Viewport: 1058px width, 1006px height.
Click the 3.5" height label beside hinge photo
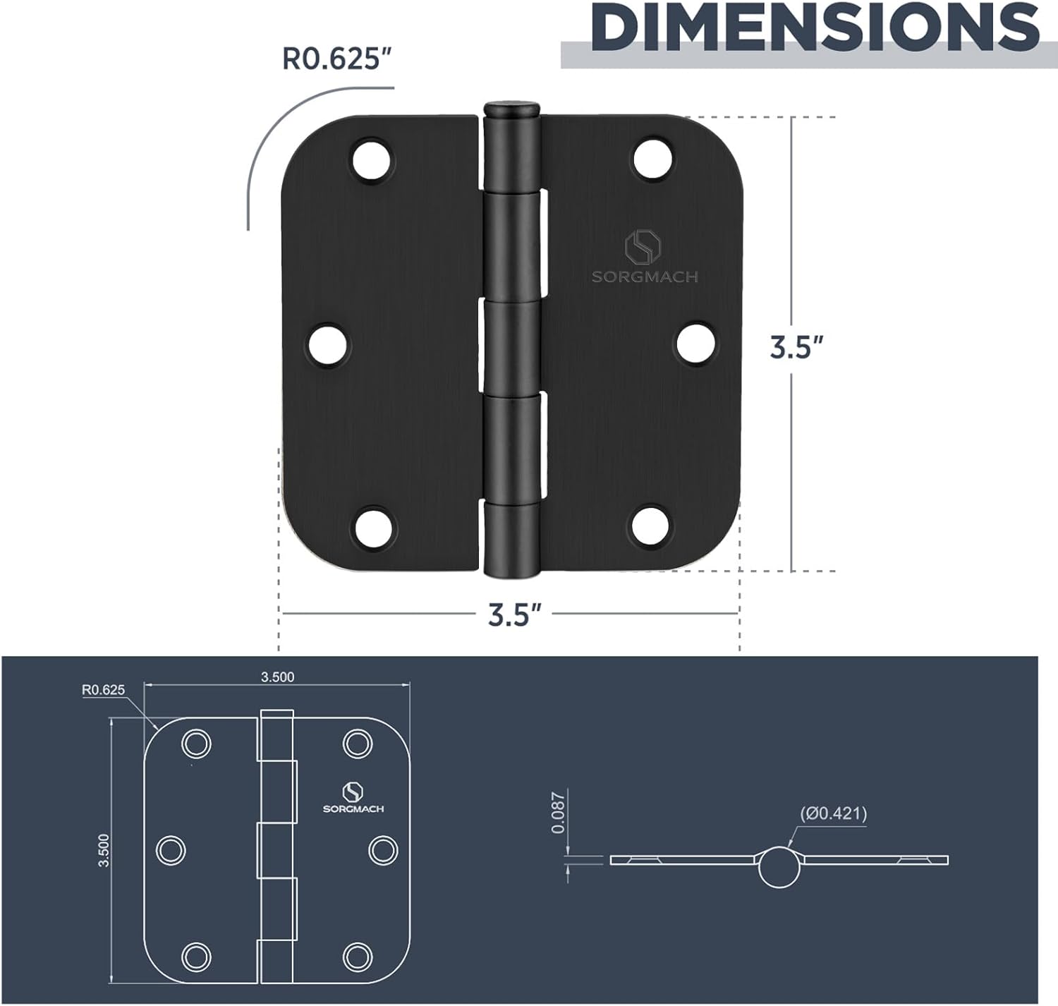797,348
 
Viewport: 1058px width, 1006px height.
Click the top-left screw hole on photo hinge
371,159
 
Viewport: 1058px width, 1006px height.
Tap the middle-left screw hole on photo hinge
329,344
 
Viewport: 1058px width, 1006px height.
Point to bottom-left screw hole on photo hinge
371,527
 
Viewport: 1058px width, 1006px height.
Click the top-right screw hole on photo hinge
651,159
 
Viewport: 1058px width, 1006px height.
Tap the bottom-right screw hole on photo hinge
651,527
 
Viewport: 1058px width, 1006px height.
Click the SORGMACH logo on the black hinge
645,257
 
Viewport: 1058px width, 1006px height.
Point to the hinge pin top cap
512,109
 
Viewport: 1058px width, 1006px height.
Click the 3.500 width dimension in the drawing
277,677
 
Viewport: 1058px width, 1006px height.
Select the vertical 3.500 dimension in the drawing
104,849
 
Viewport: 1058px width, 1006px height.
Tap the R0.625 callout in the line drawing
103,690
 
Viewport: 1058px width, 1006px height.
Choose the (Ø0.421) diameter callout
833,813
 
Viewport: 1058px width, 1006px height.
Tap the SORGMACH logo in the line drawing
353,798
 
